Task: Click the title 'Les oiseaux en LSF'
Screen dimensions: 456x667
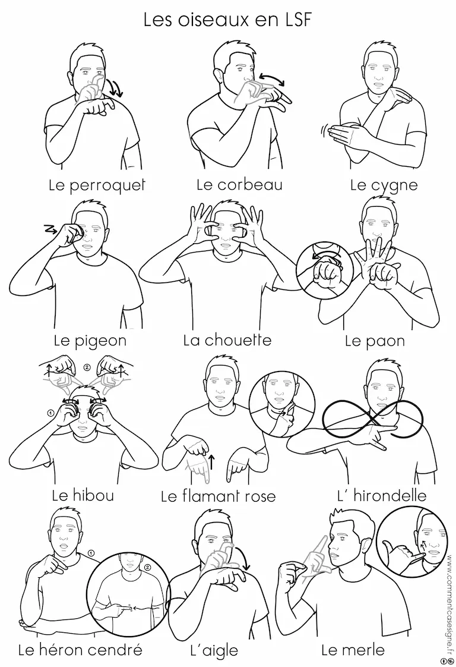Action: coord(228,20)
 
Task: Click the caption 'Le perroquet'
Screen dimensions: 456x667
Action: coord(97,185)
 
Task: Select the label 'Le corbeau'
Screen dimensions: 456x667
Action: coord(240,185)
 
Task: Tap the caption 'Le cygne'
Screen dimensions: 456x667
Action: coord(384,186)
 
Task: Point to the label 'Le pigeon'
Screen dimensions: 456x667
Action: coord(90,341)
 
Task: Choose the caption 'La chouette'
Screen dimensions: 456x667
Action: coord(227,340)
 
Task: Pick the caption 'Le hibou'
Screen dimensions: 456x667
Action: coord(83,495)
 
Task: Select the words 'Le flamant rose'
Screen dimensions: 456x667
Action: coord(218,496)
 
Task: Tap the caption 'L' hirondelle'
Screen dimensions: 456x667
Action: coord(382,496)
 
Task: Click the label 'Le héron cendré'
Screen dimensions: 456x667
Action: coord(80,650)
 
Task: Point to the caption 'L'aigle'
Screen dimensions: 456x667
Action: coord(214,651)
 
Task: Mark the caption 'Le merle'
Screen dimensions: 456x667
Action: coord(353,650)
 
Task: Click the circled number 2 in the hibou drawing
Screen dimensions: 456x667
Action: coord(87,367)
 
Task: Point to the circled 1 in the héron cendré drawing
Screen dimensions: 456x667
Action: coord(91,553)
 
